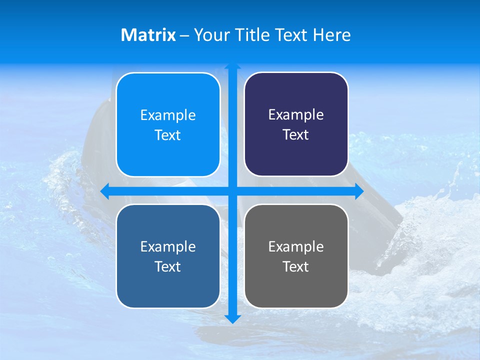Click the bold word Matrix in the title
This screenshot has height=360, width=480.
(148, 35)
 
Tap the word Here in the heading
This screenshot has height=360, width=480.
(331, 35)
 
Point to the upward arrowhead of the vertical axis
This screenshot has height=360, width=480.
(232, 66)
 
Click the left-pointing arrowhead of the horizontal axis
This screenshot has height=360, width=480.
(104, 191)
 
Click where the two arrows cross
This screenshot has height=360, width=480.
(232, 191)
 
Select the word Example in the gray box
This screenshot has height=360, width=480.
(296, 246)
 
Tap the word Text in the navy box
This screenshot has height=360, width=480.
(296, 135)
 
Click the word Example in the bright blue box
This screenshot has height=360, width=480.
(168, 115)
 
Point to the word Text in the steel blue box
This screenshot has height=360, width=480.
(168, 266)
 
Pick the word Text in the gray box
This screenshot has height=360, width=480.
(296, 266)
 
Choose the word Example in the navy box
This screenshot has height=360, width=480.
(296, 114)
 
